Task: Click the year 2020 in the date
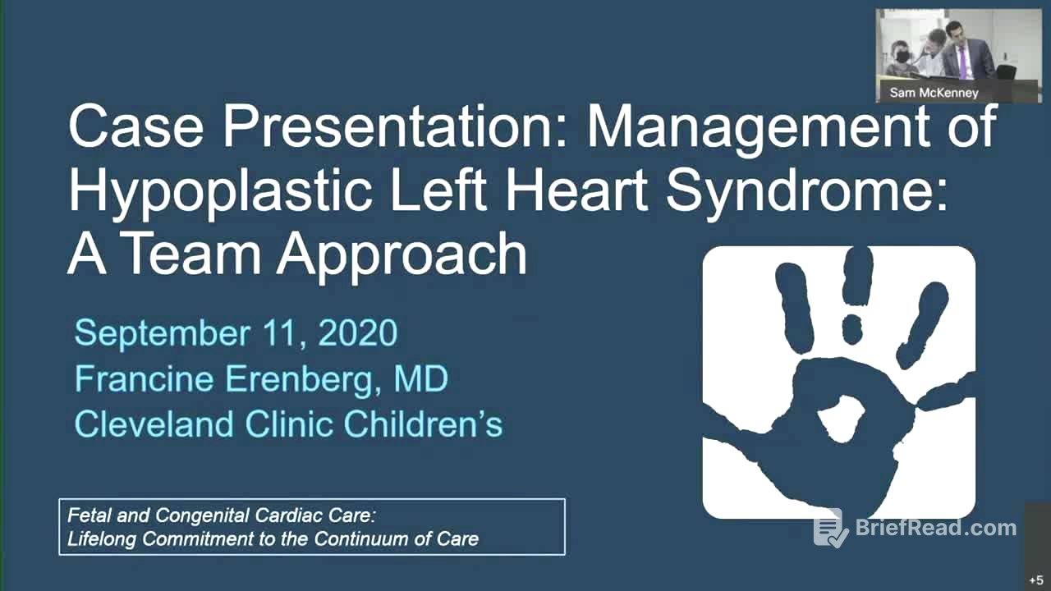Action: pos(357,333)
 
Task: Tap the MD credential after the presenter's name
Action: pos(420,378)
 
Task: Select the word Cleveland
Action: pos(155,424)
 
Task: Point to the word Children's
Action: pos(423,424)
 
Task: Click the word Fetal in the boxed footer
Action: pos(89,516)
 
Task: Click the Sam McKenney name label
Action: pos(934,93)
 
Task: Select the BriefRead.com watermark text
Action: pos(935,528)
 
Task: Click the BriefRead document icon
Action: pos(830,528)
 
